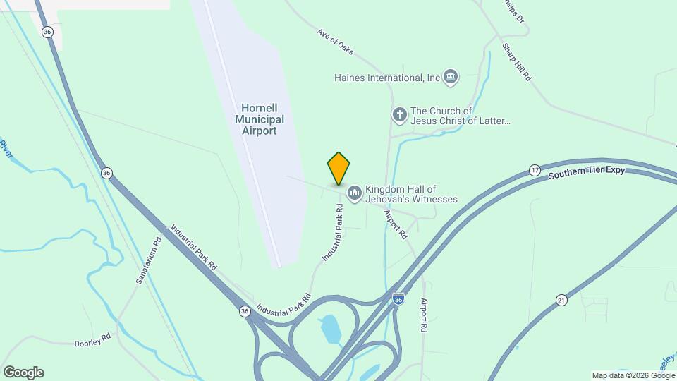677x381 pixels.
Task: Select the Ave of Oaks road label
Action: pos(335,44)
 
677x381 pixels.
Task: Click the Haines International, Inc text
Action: pos(387,78)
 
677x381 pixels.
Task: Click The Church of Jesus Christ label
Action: pos(461,116)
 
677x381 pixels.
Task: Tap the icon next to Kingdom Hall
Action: pos(354,193)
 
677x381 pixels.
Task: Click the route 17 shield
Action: pos(535,171)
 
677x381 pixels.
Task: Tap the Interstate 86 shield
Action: pos(398,299)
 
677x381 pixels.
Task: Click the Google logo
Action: pos(23,373)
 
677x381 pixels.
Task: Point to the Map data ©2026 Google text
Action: pos(633,375)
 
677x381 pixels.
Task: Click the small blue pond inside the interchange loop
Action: pos(329,329)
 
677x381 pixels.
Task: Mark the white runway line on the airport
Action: pos(243,134)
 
